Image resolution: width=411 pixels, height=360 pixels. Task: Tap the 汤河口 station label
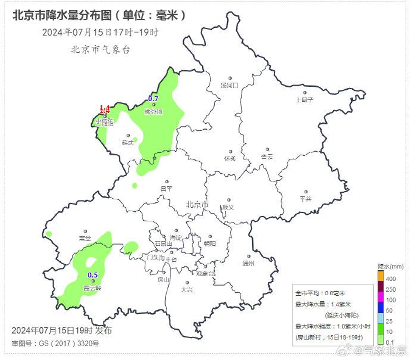point(229,85)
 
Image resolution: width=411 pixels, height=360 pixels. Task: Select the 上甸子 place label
point(304,100)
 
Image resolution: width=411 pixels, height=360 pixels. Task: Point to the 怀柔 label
point(230,158)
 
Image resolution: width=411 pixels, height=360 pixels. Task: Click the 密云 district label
point(266,156)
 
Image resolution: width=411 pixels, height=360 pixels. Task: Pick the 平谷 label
point(306,199)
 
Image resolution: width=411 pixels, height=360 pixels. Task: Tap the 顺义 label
point(227,207)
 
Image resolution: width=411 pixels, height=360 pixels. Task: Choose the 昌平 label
point(166,189)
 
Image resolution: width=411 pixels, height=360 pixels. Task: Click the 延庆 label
point(128,142)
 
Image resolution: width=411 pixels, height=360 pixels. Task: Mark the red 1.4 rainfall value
point(104,109)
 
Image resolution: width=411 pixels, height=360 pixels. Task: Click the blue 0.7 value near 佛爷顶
point(153,98)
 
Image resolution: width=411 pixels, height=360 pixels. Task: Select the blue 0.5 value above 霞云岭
point(93,275)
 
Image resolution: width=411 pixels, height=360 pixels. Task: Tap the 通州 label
point(248,263)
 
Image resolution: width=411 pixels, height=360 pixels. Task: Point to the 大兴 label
point(186,290)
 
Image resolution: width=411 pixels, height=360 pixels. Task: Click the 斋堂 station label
point(85,238)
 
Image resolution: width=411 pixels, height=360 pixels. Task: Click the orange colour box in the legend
point(381,276)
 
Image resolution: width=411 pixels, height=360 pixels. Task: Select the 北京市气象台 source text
point(100,49)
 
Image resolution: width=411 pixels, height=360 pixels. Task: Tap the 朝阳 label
point(210,243)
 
